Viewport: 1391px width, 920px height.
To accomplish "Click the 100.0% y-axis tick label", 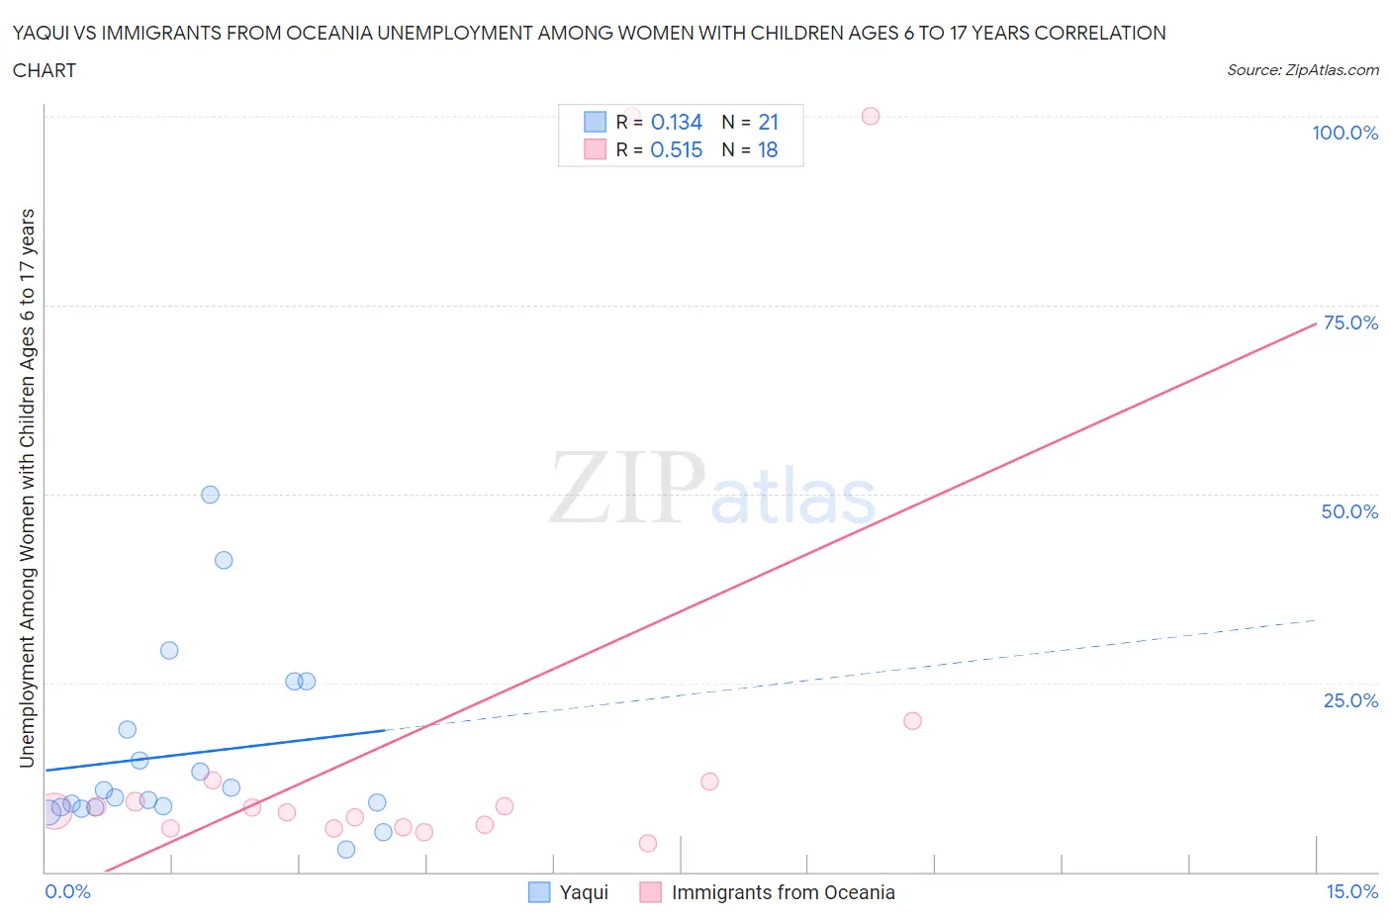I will (x=1345, y=134).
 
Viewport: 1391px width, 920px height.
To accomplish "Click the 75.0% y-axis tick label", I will (x=1349, y=323).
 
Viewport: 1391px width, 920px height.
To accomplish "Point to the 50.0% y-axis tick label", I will (x=1349, y=512).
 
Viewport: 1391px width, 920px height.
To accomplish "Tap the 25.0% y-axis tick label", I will (x=1349, y=701).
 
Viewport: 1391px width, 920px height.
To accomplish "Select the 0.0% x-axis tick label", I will (x=67, y=892).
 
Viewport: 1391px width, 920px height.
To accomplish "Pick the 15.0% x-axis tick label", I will (x=1351, y=892).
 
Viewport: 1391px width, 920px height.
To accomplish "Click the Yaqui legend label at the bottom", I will (x=584, y=893).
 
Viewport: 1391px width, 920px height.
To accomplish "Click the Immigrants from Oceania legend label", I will (x=783, y=893).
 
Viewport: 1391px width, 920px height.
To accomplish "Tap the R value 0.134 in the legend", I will (x=677, y=123).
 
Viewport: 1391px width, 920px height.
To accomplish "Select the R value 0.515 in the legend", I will (x=677, y=150).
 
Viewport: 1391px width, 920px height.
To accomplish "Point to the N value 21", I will (x=769, y=123).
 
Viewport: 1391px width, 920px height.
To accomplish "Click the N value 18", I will (x=768, y=150).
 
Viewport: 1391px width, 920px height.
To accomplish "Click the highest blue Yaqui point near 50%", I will (x=210, y=495).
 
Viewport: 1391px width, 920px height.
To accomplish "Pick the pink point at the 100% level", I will (x=871, y=116).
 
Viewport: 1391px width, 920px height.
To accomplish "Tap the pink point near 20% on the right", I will (x=912, y=721).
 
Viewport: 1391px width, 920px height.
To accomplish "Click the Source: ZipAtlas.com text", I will (x=1302, y=70).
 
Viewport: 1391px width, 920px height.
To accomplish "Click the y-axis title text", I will (x=27, y=488).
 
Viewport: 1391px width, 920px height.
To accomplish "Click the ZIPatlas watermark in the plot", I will (x=712, y=490).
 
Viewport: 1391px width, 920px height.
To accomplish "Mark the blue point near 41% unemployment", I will (x=224, y=560).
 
